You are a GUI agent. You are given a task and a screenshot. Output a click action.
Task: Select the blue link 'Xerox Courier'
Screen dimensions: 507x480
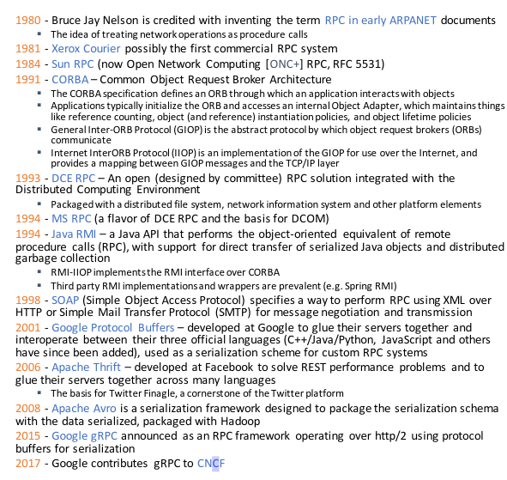pos(81,48)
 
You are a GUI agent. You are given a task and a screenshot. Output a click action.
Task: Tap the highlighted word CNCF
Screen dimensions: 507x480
pos(209,464)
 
